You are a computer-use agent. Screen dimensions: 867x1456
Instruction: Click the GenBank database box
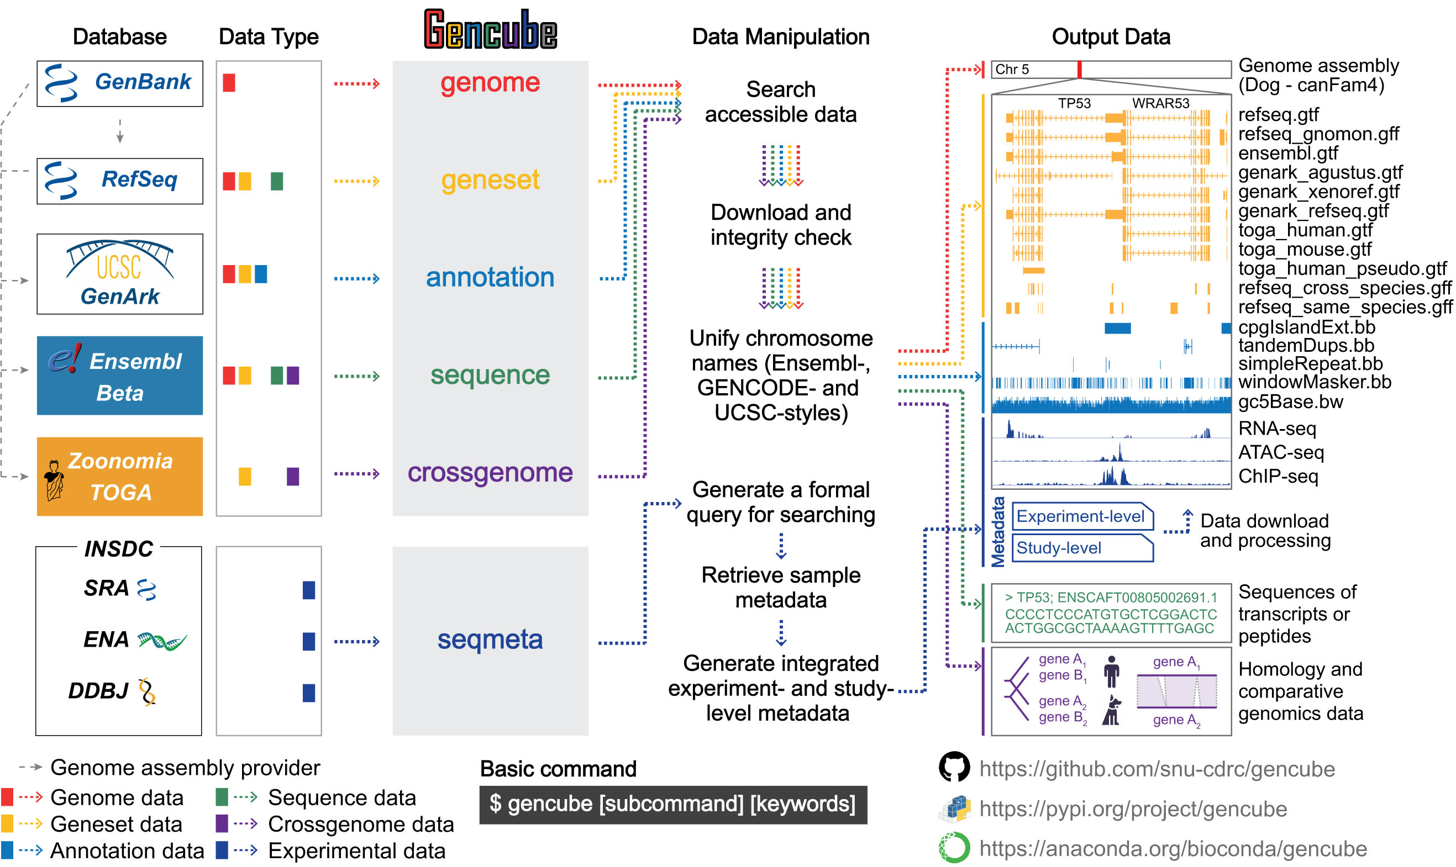pos(120,83)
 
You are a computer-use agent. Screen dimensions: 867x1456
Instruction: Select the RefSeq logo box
pos(120,181)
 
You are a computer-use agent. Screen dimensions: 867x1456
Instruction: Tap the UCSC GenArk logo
pos(120,274)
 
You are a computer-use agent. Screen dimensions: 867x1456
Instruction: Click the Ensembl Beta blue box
pos(120,376)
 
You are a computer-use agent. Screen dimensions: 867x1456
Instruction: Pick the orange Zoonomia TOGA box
pos(120,477)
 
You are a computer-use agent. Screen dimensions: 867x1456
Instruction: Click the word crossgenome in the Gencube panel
pos(490,473)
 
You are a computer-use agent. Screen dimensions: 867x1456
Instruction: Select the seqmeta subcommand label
pos(490,639)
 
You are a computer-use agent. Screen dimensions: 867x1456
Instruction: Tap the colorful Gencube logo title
pos(490,29)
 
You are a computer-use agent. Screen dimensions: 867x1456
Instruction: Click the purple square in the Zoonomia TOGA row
pos(293,477)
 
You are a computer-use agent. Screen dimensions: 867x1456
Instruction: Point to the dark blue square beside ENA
pos(309,642)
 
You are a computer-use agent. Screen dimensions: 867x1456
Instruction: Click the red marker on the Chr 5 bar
pos(1079,70)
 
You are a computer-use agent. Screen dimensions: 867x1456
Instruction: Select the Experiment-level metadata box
pos(1081,516)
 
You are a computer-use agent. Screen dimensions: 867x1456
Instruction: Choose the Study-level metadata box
pos(1081,548)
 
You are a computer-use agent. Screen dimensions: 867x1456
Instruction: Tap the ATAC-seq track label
pos(1281,452)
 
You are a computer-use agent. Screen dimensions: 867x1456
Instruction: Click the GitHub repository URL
pos(1157,769)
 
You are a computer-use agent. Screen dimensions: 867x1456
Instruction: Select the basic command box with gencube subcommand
pos(673,805)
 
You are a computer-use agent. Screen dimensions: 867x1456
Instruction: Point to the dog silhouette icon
pos(1112,710)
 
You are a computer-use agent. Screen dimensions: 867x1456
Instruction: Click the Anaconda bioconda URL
pos(1173,848)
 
